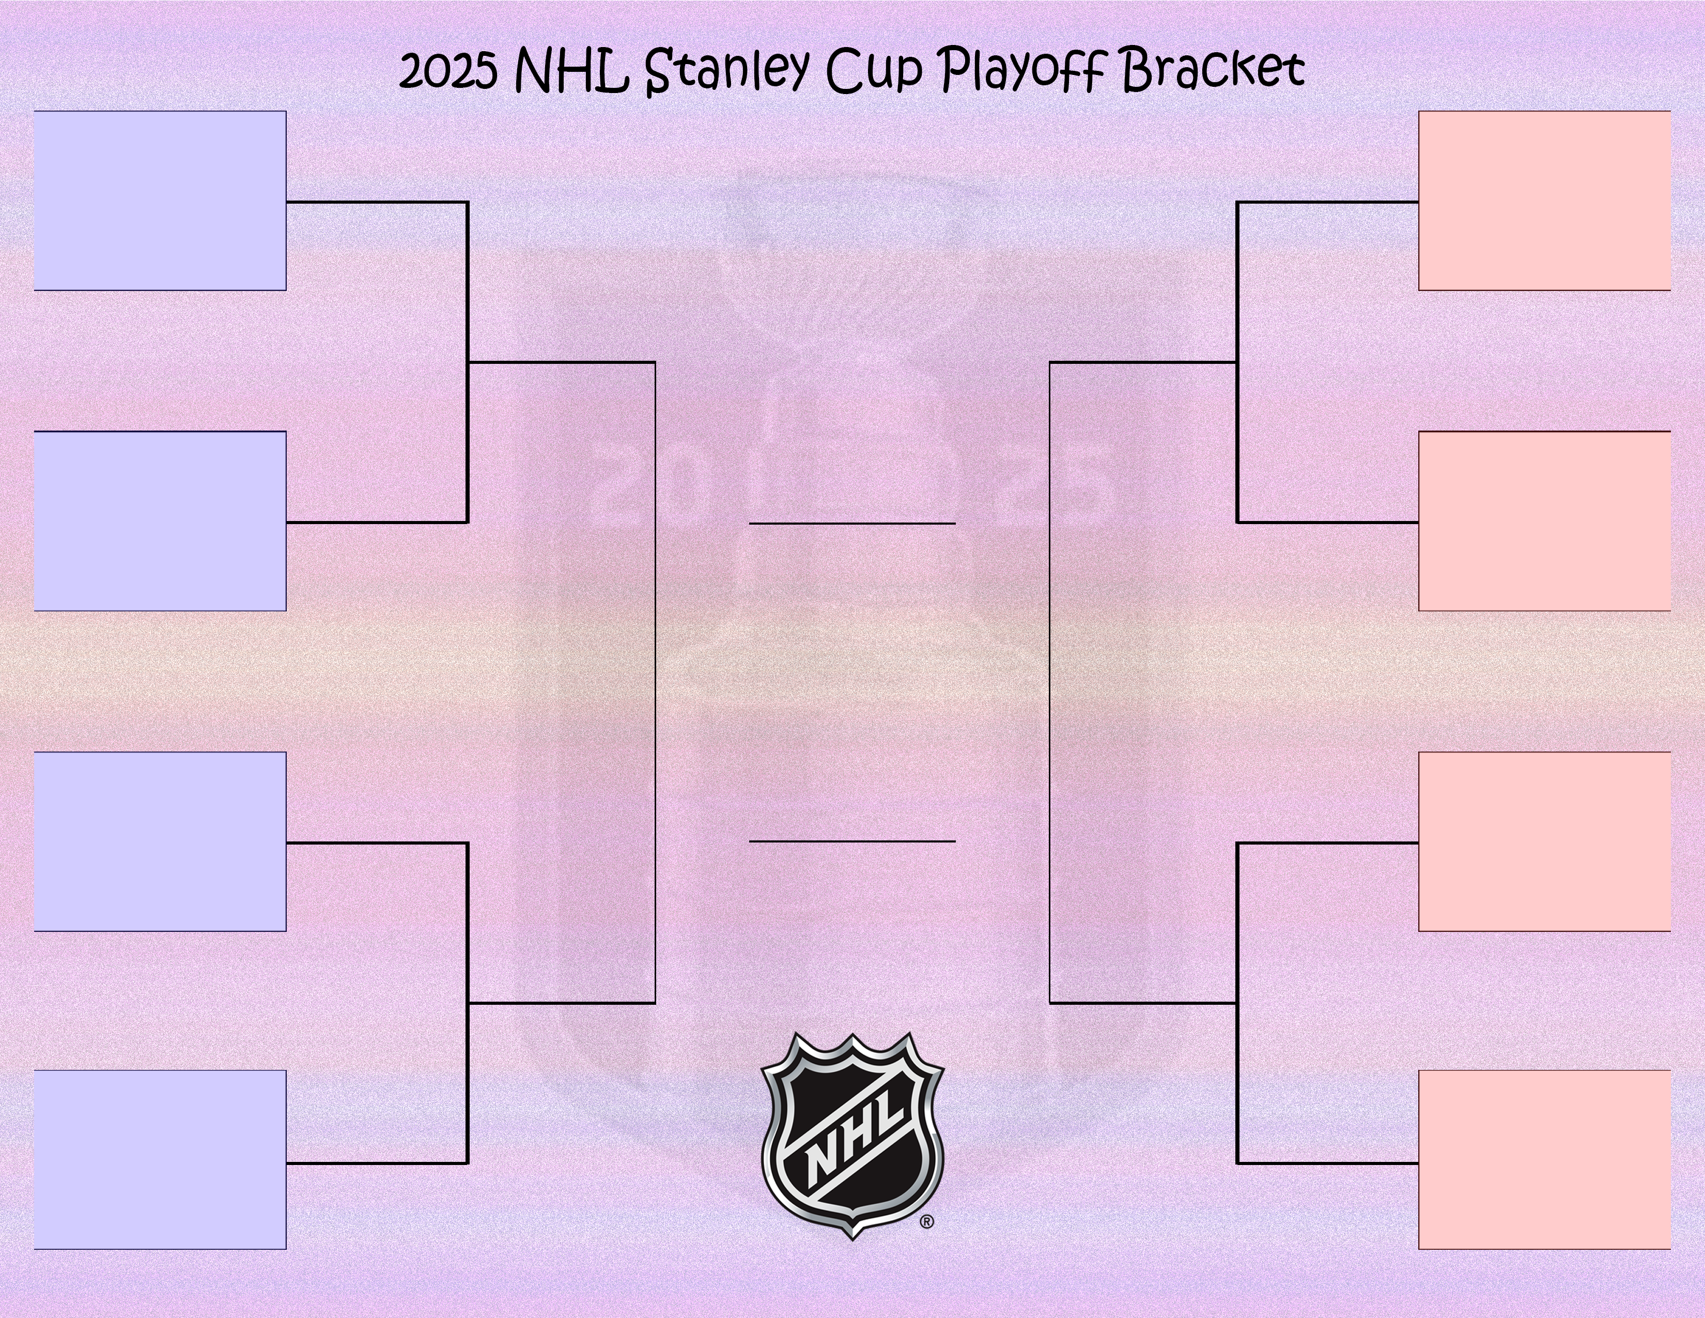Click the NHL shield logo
point(853,1136)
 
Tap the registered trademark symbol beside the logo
point(927,1222)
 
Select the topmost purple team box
point(160,201)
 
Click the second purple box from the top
point(160,521)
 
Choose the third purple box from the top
point(160,841)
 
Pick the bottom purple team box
point(160,1159)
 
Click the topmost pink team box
point(1544,201)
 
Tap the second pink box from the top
point(1544,521)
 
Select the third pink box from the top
point(1544,841)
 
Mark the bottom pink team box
point(1544,1159)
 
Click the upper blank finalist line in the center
point(853,523)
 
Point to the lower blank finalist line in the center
point(853,841)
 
